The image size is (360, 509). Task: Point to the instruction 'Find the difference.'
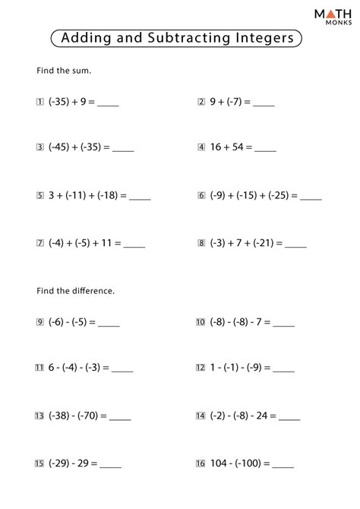75,291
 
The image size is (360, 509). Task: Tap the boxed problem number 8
201,244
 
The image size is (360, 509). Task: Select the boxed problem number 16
201,463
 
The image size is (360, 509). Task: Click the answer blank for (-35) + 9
109,103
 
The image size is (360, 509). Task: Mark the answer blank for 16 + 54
265,150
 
